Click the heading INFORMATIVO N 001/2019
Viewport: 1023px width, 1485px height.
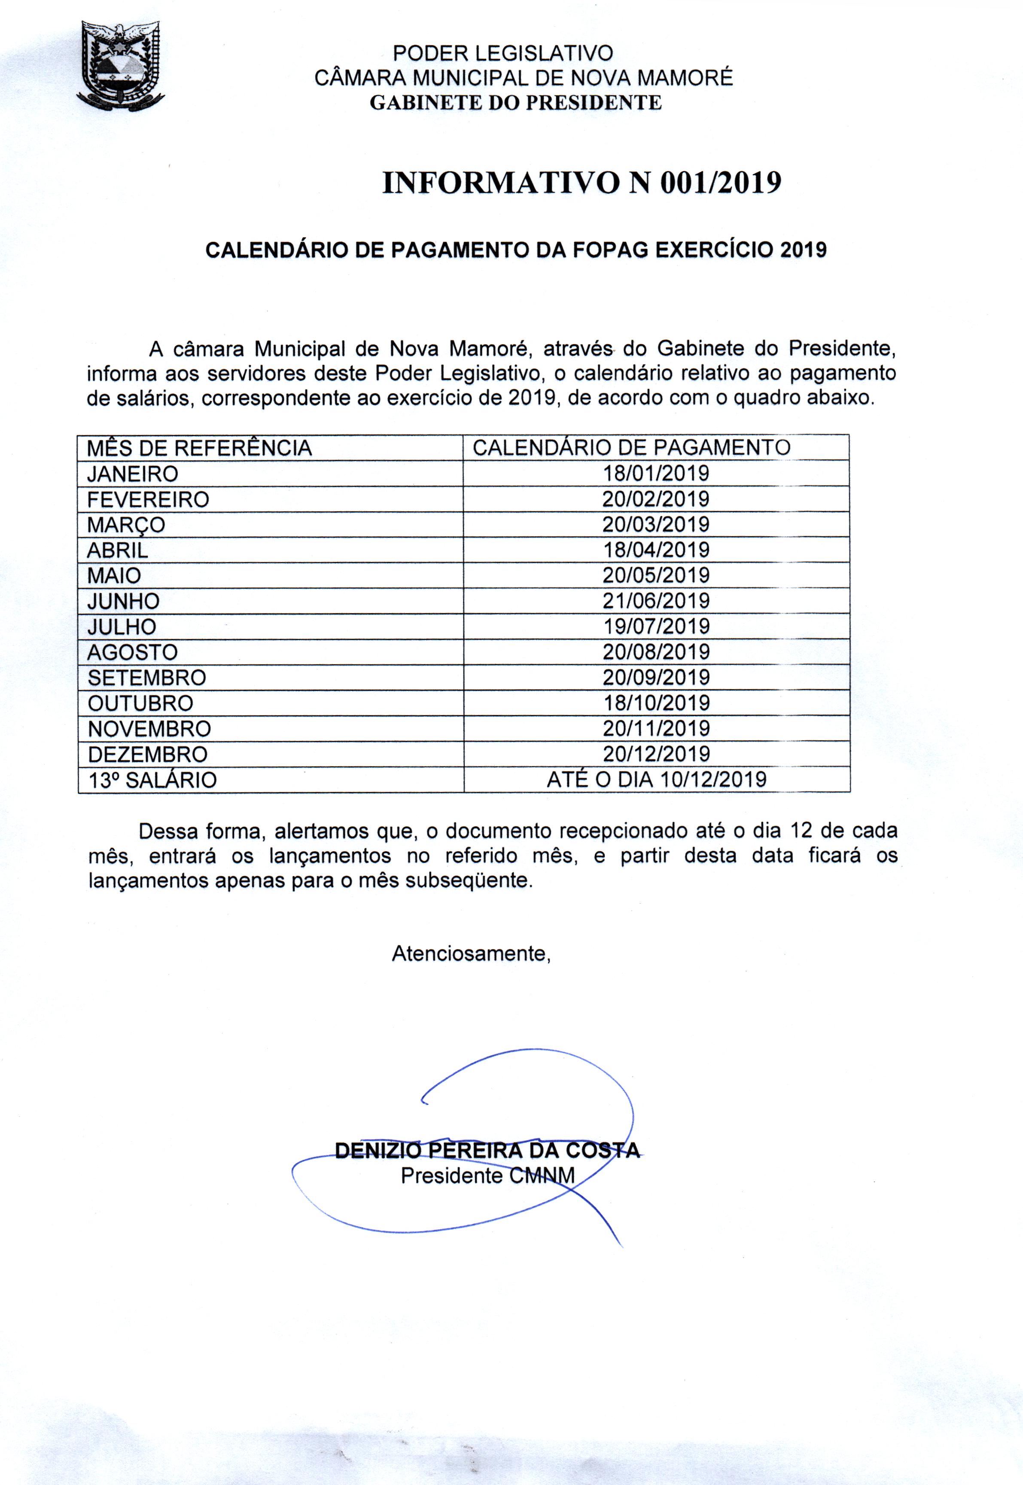(x=582, y=183)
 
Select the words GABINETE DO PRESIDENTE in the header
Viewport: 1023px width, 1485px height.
(x=515, y=103)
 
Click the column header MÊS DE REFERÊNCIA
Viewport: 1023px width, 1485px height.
(x=199, y=448)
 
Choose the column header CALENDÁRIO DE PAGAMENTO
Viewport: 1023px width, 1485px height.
(x=631, y=448)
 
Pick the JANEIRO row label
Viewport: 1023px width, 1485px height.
(x=133, y=474)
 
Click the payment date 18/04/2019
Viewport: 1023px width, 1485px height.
(x=656, y=550)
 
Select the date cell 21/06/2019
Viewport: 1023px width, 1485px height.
(x=656, y=601)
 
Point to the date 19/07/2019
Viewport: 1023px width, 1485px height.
(x=656, y=626)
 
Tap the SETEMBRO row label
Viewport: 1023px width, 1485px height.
(x=147, y=678)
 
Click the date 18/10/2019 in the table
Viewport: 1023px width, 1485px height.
(x=656, y=703)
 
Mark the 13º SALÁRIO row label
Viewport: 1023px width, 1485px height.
(x=152, y=780)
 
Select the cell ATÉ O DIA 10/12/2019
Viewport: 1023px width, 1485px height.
(x=656, y=780)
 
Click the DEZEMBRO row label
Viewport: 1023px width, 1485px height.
(x=147, y=754)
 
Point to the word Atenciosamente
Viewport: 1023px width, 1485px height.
(x=471, y=953)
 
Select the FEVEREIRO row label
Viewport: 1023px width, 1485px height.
(x=148, y=499)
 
